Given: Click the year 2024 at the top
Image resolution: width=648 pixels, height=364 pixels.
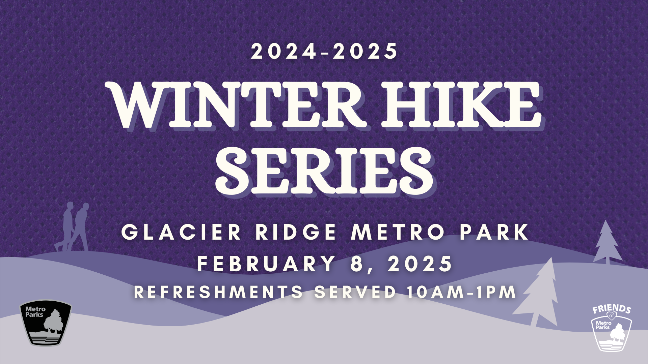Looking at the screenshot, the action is [283, 52].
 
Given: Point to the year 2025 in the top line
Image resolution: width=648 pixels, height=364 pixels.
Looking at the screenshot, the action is [365, 52].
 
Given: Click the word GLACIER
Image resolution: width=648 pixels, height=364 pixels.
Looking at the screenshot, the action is [181, 232].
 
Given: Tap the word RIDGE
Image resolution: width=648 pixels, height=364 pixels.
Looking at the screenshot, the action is [296, 232].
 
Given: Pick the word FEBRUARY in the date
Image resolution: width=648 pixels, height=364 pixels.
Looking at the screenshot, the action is [266, 263].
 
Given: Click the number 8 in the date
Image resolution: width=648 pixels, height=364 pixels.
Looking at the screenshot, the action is [357, 263].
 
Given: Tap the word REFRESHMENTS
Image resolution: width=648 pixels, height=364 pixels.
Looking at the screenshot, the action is [219, 292].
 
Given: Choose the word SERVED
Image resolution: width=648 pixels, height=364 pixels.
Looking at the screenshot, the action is [355, 292].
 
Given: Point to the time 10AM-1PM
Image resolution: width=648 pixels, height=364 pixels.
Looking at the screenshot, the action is [461, 292].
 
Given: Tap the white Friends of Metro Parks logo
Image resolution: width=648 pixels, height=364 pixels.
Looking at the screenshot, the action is [612, 328].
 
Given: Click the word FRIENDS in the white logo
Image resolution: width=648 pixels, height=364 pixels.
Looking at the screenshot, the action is [612, 309].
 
